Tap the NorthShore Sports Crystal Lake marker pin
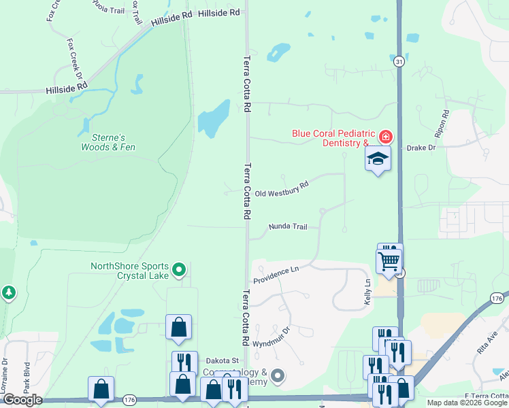point(179,271)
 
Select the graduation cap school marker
point(378,159)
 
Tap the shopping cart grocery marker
point(389,260)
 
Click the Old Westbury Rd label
point(282,189)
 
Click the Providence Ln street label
point(276,275)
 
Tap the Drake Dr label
point(421,147)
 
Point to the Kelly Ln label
point(367,291)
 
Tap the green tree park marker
point(8,293)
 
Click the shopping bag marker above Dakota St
point(178,327)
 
